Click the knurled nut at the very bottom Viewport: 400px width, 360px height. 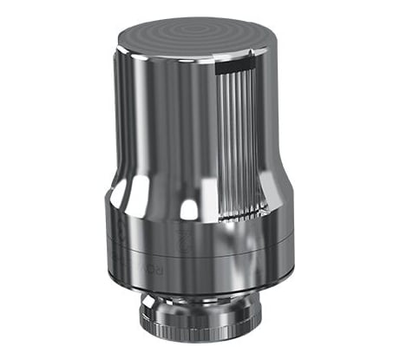pos(200,322)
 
